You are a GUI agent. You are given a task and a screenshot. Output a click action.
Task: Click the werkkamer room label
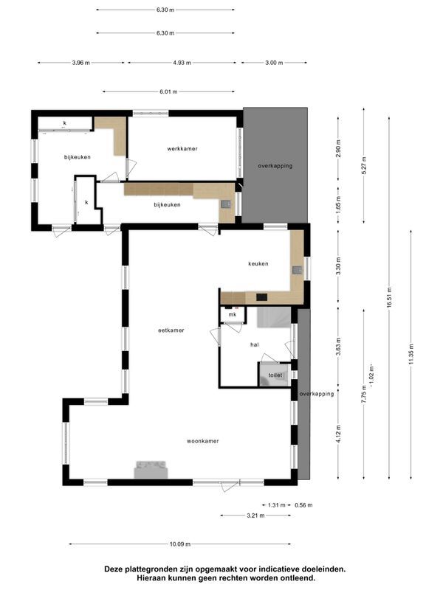[x=182, y=149]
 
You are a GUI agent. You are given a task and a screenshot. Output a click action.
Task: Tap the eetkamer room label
[x=171, y=330]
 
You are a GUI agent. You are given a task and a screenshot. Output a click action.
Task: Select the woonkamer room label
[x=202, y=441]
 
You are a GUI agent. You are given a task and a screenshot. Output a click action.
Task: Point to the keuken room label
[x=258, y=264]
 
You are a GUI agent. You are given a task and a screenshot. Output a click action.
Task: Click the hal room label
[x=255, y=344]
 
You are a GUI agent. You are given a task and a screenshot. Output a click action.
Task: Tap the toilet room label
[x=275, y=375]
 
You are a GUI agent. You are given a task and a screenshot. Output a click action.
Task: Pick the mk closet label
[x=233, y=315]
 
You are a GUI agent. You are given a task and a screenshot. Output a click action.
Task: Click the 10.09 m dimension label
[x=180, y=544]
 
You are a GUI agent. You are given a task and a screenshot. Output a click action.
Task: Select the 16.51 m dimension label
[x=389, y=298]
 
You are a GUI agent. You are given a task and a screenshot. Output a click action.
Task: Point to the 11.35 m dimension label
[x=411, y=354]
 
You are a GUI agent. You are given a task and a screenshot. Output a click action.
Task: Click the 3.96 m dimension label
[x=81, y=63]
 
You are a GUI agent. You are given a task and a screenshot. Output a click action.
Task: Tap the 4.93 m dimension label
[x=182, y=63]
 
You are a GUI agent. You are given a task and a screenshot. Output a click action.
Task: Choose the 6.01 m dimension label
[x=168, y=91]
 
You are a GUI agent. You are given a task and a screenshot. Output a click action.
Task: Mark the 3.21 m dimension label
[x=255, y=516]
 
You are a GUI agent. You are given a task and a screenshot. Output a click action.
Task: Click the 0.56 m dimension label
[x=303, y=505]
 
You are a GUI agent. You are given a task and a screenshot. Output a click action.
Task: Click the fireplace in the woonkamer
[x=151, y=470]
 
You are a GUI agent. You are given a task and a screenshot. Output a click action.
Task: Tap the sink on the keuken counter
[x=298, y=269]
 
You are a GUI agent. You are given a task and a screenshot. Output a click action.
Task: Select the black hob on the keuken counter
[x=262, y=297]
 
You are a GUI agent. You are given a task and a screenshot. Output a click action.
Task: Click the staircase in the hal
[x=274, y=317]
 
